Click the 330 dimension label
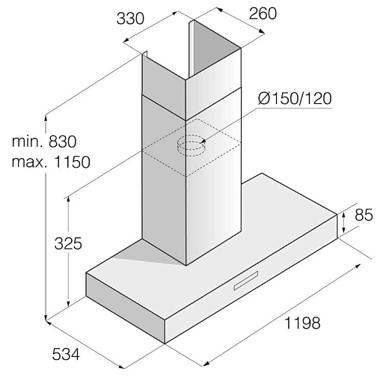130,19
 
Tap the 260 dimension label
263,13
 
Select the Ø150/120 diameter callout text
295,98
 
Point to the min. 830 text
44,141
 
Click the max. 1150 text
51,162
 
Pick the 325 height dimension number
68,243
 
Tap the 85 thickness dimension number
364,215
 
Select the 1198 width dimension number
302,323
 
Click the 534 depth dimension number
66,354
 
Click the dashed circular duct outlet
191,145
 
